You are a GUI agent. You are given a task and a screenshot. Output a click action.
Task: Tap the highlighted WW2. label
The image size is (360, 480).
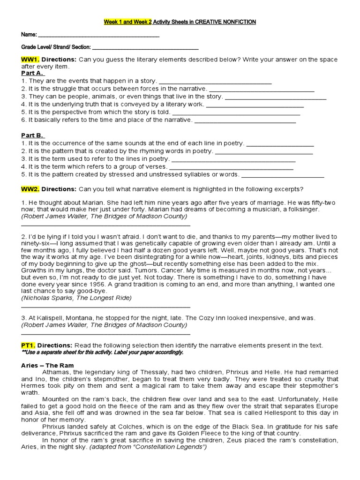[30, 189]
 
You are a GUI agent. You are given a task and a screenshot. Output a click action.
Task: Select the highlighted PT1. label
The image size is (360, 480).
[29, 345]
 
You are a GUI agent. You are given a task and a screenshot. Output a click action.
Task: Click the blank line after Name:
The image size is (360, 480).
[98, 36]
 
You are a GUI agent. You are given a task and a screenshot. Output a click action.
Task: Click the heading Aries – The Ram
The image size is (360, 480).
[47, 365]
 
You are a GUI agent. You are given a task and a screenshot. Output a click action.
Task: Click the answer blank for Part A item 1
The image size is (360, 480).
[215, 82]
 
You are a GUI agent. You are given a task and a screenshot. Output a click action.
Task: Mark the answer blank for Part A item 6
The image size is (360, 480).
[245, 120]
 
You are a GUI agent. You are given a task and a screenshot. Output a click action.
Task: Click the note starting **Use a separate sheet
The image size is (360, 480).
[102, 352]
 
